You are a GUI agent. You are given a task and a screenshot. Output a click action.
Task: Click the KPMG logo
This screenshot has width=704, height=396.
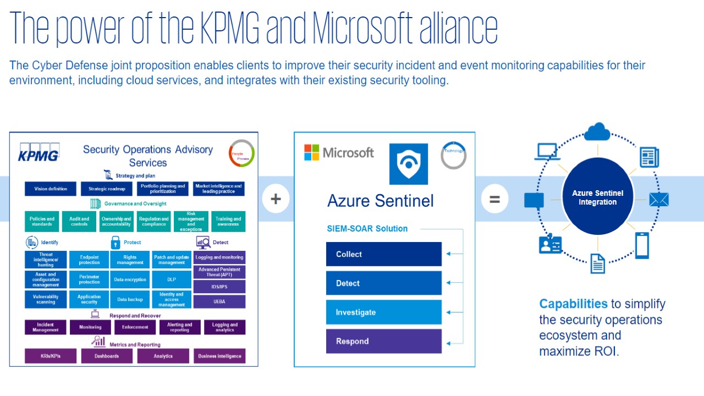[x=39, y=152]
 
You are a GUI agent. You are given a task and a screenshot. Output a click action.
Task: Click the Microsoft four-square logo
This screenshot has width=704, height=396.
[x=311, y=152]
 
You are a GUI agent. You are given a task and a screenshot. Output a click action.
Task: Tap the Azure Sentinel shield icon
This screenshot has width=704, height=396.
[x=408, y=164]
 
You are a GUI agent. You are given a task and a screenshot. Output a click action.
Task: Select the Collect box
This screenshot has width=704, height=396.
[x=384, y=254]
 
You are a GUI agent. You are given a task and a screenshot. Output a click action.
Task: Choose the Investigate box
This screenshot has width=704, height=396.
[x=384, y=312]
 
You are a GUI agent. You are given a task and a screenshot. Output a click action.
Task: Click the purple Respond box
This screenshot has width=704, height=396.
[x=384, y=341]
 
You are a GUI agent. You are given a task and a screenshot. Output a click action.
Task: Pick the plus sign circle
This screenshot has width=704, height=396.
[x=276, y=199]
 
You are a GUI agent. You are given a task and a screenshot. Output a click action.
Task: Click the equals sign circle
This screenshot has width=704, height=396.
[x=494, y=199]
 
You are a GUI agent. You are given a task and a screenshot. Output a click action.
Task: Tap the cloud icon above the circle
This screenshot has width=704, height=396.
[x=598, y=132]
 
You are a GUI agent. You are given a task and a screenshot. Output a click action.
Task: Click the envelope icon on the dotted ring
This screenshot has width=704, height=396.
[x=658, y=199]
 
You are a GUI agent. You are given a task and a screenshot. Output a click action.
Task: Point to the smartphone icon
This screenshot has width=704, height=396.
[x=642, y=245]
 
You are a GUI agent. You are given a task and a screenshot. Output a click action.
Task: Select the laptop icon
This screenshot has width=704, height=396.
[x=547, y=152]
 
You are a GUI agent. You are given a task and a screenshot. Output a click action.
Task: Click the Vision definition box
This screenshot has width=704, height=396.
[x=51, y=189]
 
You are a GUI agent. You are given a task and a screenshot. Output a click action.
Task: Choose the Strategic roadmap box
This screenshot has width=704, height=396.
[x=107, y=189]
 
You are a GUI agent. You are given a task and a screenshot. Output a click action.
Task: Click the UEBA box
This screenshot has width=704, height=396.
[x=219, y=301]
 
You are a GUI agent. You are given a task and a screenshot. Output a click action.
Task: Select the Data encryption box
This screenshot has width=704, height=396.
[x=130, y=279]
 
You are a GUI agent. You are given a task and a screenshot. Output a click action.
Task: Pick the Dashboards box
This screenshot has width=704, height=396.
[x=107, y=356]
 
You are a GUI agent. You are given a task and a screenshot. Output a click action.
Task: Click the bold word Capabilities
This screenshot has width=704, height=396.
[x=573, y=304]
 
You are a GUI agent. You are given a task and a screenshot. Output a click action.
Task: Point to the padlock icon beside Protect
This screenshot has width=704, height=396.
[x=116, y=242]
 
